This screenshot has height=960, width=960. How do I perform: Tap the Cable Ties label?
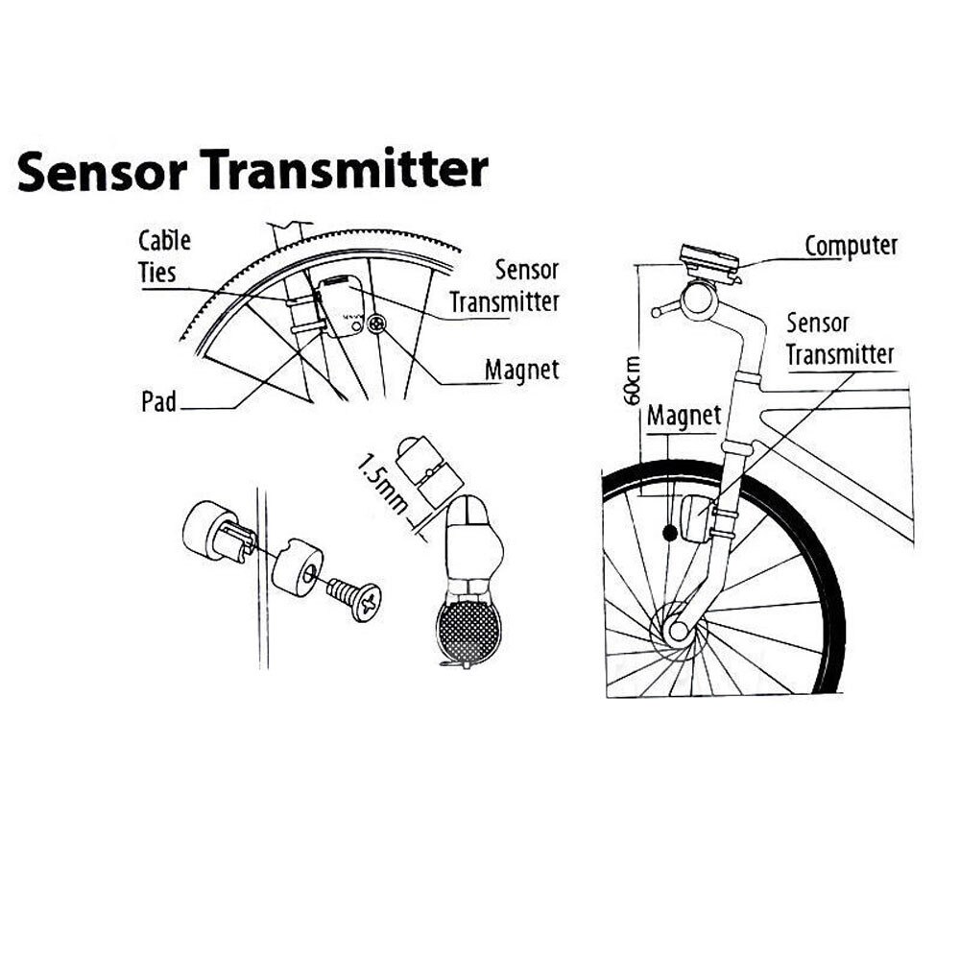(164, 255)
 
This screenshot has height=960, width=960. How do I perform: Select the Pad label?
(158, 401)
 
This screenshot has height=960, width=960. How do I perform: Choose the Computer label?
(851, 246)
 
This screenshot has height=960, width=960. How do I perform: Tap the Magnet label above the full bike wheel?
(683, 417)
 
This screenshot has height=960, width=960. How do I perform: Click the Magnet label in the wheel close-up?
(521, 369)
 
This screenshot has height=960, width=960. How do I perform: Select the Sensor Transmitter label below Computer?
(839, 339)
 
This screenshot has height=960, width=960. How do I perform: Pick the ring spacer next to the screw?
(297, 570)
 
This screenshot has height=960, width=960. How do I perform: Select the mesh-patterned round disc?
(468, 628)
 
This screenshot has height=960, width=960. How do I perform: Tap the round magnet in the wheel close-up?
(375, 327)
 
